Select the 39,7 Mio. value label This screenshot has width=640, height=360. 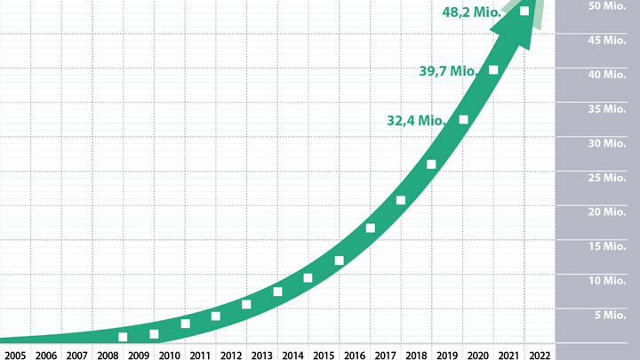pyautogui.click(x=449, y=70)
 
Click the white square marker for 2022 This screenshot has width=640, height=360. pyautogui.click(x=524, y=11)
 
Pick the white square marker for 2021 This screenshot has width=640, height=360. pyautogui.click(x=493, y=70)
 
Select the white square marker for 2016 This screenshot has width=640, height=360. pyautogui.click(x=370, y=228)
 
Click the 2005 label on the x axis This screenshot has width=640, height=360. pyautogui.click(x=15, y=355)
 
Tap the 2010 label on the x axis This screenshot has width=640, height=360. pyautogui.click(x=169, y=355)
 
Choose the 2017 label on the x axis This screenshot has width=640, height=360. pyautogui.click(x=385, y=355)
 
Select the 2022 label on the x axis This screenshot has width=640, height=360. pyautogui.click(x=539, y=355)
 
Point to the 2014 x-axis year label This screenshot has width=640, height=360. pyautogui.click(x=292, y=355)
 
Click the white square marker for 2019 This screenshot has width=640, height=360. pyautogui.click(x=431, y=164)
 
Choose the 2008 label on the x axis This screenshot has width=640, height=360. pyautogui.click(x=108, y=355)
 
